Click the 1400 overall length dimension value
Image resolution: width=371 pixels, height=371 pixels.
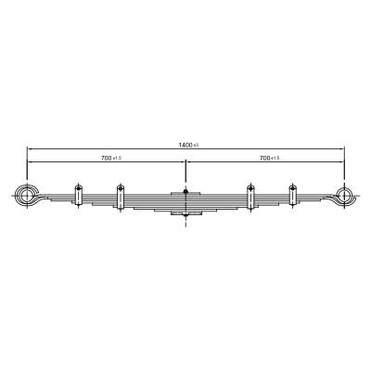coord(185,145)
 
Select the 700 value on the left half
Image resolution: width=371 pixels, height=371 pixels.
coord(106,158)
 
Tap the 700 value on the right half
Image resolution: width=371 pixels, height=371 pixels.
coord(265,158)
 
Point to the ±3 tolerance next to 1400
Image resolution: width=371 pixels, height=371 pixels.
coord(196,145)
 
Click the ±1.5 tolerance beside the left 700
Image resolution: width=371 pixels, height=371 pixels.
coord(117,158)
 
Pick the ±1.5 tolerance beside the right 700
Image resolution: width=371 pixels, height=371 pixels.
coord(275,158)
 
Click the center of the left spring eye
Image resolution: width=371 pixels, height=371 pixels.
coord(27,196)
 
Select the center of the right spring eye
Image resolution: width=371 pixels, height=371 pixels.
coord(344,195)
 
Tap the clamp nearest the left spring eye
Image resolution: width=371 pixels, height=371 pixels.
coord(78,196)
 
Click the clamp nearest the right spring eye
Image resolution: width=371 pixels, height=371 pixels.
coord(292,195)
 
